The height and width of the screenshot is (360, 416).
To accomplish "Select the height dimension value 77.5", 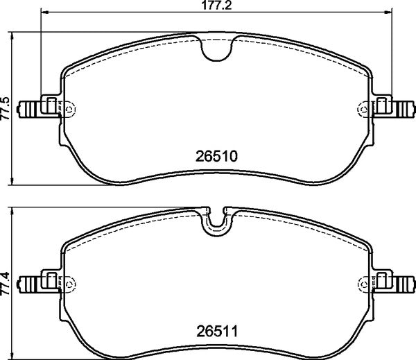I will (x=6, y=108).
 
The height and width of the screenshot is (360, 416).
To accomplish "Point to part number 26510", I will (x=216, y=156).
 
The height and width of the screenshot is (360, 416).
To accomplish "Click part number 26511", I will (x=216, y=331).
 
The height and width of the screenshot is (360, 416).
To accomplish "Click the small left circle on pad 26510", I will (x=72, y=108).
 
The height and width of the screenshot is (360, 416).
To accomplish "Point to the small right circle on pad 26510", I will (x=361, y=108).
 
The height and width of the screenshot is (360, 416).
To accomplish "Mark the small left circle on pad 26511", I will (x=72, y=283).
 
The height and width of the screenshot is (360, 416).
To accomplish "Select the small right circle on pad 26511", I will (x=361, y=283).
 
